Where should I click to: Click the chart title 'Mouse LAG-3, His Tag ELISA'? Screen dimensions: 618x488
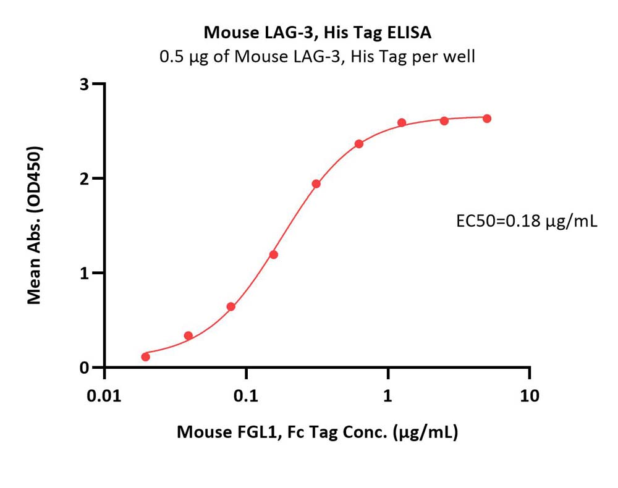[317, 32]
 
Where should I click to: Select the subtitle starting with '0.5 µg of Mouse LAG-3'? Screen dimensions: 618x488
[317, 57]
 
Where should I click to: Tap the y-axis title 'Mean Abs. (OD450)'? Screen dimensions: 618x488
[34, 225]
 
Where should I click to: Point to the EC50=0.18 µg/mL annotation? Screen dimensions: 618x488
[527, 221]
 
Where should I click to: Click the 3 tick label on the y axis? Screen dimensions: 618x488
[84, 84]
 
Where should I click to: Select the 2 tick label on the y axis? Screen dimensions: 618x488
[84, 179]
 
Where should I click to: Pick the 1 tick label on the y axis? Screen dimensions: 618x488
[84, 273]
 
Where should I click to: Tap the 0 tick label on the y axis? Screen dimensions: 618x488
[84, 368]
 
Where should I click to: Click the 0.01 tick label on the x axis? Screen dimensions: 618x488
[104, 396]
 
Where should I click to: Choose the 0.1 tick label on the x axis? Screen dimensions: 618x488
[246, 396]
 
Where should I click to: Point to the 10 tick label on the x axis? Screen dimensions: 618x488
[530, 396]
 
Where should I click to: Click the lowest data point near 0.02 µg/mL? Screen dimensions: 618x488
[145, 357]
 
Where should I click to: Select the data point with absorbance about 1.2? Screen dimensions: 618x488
[274, 255]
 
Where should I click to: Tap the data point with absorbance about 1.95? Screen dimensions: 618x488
[316, 183]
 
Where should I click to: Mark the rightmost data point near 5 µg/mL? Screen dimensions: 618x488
[487, 119]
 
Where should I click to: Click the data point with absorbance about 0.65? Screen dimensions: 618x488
[231, 306]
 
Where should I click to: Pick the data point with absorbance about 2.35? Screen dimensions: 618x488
[358, 144]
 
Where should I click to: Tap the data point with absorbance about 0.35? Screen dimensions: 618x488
[188, 335]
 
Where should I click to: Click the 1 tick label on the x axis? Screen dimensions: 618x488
[388, 396]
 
